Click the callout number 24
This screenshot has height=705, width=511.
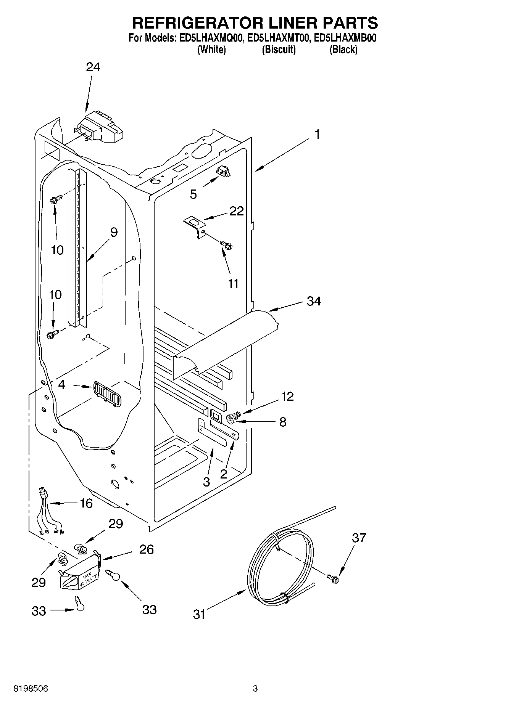pos(93,67)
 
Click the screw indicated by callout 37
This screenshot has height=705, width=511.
pos(333,578)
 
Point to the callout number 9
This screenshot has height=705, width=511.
pos(114,232)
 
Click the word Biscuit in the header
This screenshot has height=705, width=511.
pos(279,49)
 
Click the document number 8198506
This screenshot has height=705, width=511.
pos(31,689)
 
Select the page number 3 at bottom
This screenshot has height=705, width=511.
pos(255,689)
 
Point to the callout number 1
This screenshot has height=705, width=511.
pos(317,134)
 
